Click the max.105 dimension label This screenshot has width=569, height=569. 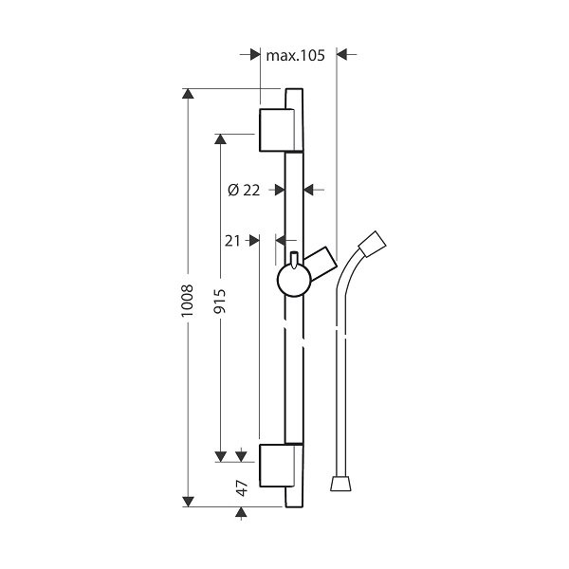pyautogui.click(x=295, y=56)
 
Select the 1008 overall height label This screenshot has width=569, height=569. pyautogui.click(x=187, y=301)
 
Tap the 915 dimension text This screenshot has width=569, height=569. pyautogui.click(x=220, y=302)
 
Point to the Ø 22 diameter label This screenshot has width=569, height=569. pyautogui.click(x=244, y=190)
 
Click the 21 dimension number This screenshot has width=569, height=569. pyautogui.click(x=232, y=241)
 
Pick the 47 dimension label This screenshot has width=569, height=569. pyautogui.click(x=242, y=488)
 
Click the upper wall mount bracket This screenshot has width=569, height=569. pyautogui.click(x=281, y=130)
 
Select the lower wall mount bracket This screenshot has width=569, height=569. pyautogui.click(x=281, y=466)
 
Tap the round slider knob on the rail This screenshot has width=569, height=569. pyautogui.click(x=294, y=280)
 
